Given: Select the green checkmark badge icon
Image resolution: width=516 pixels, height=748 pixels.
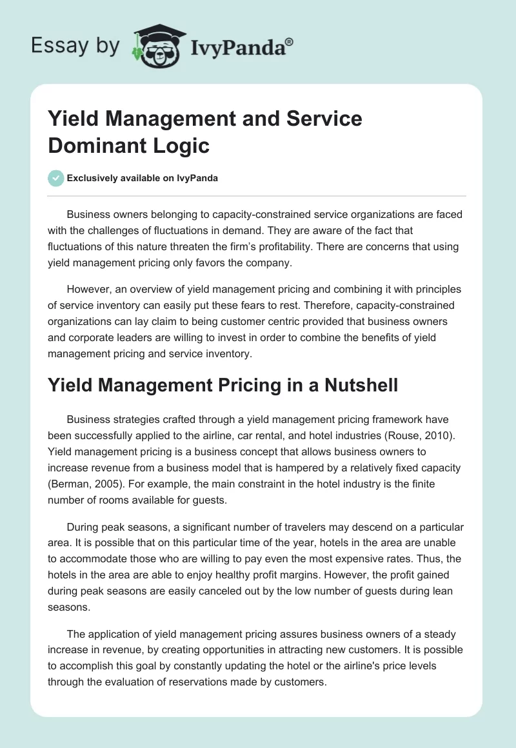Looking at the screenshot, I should [56, 178].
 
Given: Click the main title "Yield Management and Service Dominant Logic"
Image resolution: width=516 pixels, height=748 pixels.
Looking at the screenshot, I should [205, 132].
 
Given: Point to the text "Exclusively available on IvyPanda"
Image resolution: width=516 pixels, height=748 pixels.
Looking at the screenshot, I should [142, 179].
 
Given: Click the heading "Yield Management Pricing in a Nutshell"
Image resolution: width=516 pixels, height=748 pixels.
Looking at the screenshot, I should [223, 386].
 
